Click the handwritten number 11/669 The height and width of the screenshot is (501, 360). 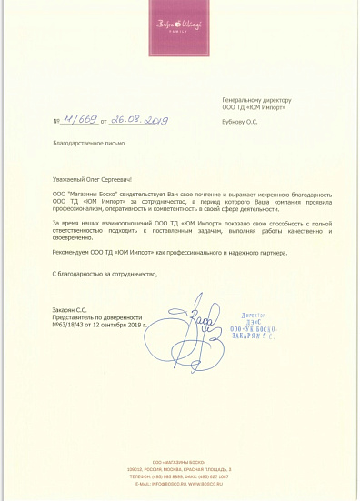click(79, 119)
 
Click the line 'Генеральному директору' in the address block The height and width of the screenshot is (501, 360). click(256, 98)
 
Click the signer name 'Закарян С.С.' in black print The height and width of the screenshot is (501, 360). click(71, 309)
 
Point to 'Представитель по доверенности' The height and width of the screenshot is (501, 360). click(92, 316)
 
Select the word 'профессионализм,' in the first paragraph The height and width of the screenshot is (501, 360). click(76, 208)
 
